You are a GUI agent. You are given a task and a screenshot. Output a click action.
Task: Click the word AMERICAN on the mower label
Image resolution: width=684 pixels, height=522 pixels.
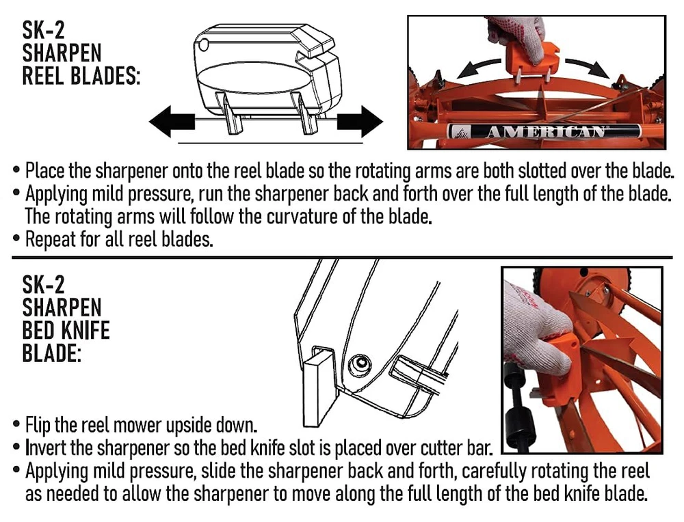tap(545, 132)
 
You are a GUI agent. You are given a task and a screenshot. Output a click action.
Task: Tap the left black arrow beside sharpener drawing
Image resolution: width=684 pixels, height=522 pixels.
tap(172, 122)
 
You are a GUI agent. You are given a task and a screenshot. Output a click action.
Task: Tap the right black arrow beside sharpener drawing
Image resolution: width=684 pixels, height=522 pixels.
tap(360, 122)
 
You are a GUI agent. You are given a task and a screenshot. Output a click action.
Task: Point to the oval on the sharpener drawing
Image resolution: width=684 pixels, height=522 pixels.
tap(254, 77)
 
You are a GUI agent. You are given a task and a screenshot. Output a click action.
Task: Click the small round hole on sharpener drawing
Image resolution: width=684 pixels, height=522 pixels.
tap(203, 45)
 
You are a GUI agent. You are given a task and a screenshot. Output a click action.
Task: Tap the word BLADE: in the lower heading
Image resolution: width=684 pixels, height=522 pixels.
tap(51, 353)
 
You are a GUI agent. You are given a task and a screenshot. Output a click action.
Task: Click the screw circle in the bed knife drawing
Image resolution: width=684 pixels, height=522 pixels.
tap(360, 363)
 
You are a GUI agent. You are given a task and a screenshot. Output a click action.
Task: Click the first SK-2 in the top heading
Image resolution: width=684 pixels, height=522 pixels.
tap(43, 30)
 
